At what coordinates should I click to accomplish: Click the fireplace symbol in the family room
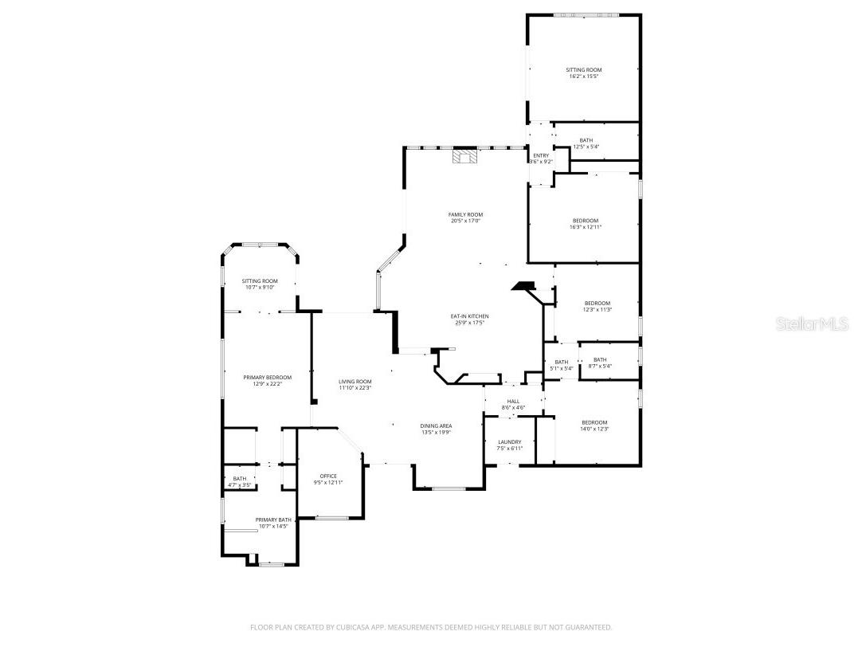[464, 156]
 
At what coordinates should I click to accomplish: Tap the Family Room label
[465, 214]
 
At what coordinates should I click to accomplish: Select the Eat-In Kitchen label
[469, 316]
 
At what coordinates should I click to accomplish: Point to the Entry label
[541, 155]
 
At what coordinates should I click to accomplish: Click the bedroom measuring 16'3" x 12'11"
[585, 224]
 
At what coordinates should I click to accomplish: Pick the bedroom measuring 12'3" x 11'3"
[597, 306]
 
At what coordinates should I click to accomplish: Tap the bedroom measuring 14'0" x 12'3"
[594, 425]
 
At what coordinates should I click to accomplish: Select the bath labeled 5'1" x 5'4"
[561, 365]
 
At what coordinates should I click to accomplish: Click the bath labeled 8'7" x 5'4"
[599, 363]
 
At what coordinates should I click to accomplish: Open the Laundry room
[510, 445]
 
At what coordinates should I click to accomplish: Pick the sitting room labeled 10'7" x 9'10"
[260, 284]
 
